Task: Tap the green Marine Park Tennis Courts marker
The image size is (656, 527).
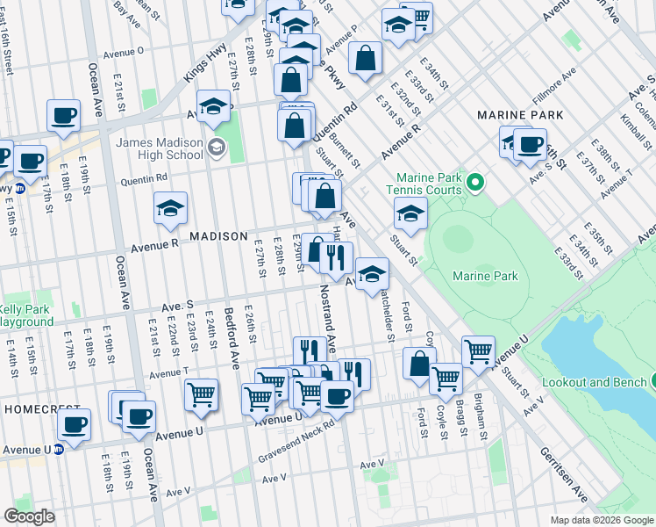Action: [x=476, y=183]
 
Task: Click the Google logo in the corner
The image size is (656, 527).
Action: [x=31, y=516]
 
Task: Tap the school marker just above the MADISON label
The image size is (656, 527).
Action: [x=171, y=208]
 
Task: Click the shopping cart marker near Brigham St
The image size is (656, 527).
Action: [x=478, y=352]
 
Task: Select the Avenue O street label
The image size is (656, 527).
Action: [x=124, y=51]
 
